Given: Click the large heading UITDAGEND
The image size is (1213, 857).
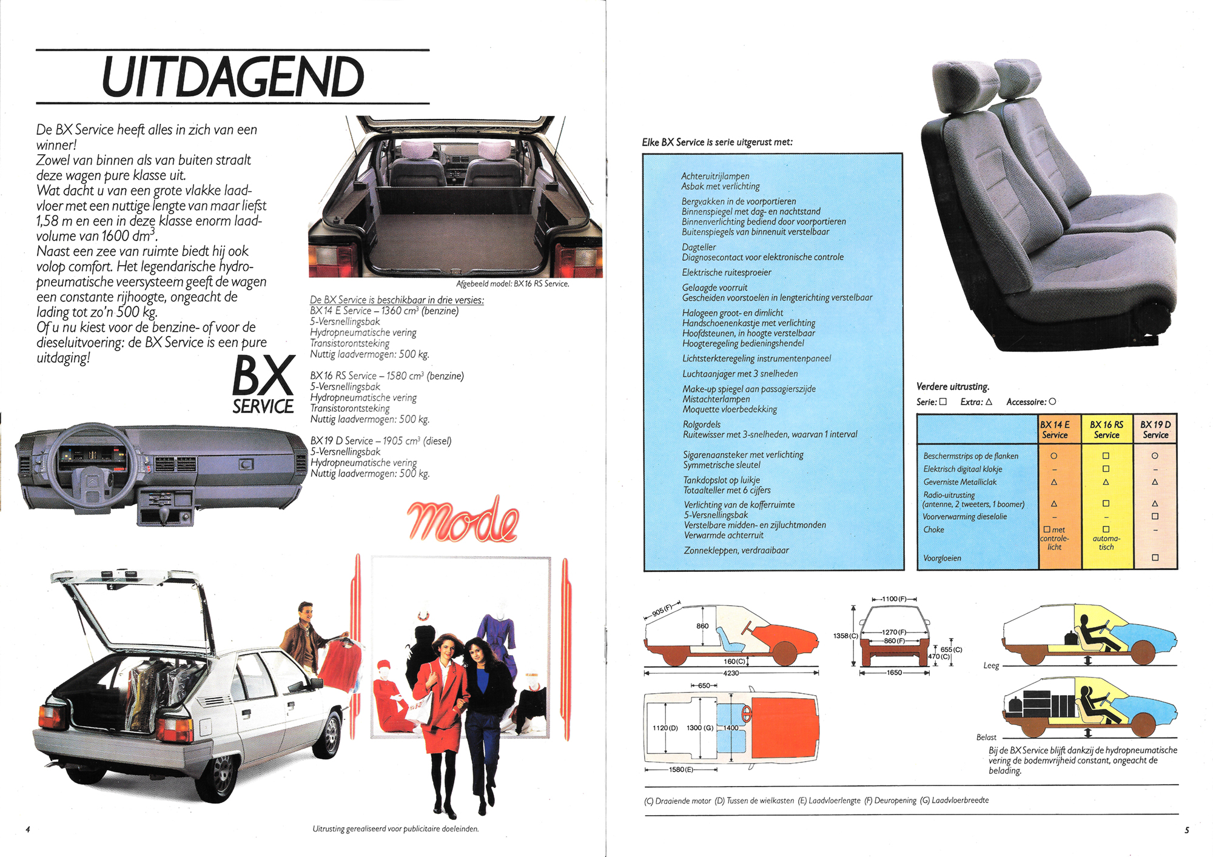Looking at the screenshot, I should tap(233, 76).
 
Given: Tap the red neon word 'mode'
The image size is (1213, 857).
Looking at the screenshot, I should tap(463, 520).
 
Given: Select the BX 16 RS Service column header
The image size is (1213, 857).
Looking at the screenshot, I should tap(1106, 429).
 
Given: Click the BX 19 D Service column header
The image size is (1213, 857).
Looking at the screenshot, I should tap(1155, 429).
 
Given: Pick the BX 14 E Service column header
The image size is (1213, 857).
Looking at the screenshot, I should tap(1055, 429).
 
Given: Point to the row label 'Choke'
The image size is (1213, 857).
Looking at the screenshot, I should tap(933, 529).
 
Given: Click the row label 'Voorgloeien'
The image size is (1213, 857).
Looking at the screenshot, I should tap(942, 558).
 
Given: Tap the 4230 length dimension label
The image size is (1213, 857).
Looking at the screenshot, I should tap(731, 673).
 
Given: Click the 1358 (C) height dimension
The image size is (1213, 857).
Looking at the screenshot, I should tap(845, 636).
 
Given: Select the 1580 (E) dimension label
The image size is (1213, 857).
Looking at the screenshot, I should tap(681, 770).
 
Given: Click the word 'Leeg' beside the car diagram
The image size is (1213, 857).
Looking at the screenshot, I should tap(991, 665).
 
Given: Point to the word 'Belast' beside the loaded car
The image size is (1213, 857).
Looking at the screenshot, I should tap(986, 738).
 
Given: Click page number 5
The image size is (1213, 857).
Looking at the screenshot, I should tap(1186, 830).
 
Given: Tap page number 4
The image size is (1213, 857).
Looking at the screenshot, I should tap(28, 829).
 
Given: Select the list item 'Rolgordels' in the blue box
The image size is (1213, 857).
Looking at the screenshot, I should tap(702, 425).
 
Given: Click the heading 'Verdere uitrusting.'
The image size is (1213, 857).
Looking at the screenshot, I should tap(953, 386).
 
